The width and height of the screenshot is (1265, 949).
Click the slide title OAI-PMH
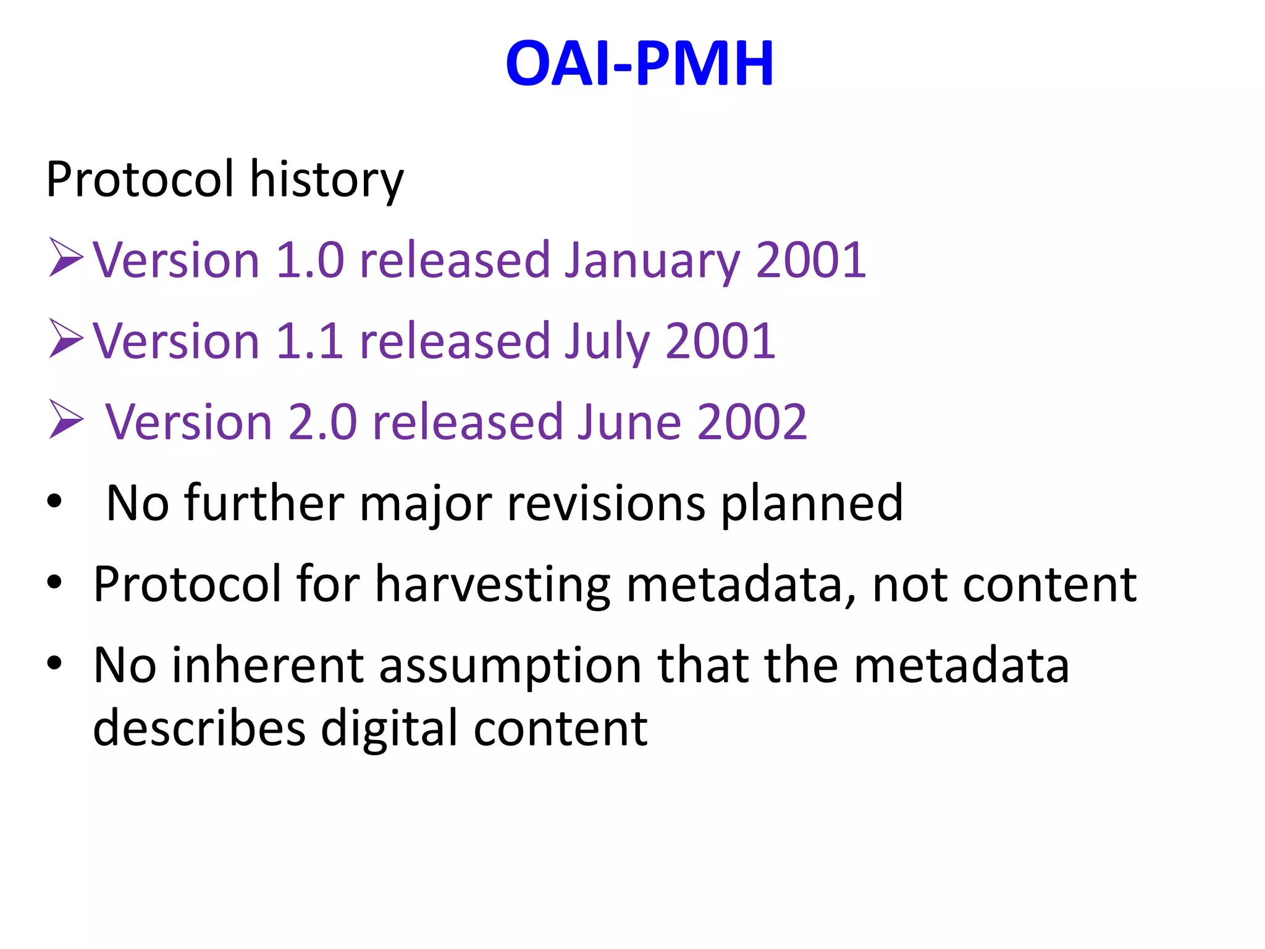pos(639,63)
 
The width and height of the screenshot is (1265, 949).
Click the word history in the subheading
pos(326,180)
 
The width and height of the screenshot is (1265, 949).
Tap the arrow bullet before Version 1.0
pos(65,258)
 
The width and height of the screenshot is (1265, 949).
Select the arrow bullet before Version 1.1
pos(65,339)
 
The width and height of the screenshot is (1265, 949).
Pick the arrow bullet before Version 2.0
pos(65,420)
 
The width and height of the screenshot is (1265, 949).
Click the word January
pos(652,261)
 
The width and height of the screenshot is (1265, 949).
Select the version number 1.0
pos(309,261)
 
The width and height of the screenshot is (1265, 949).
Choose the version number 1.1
pos(309,342)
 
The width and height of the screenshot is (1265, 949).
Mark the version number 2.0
pos(322,423)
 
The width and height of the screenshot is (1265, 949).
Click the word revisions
pos(606,504)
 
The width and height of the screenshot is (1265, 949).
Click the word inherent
pos(267,665)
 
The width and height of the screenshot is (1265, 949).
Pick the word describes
pos(199,728)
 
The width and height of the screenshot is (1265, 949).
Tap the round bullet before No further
pos(54,501)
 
